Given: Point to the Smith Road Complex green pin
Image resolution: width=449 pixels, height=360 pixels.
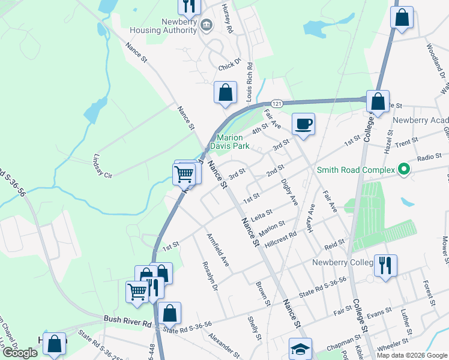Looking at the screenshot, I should point(404,170).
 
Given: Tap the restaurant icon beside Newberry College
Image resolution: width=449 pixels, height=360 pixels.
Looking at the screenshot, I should point(385,264).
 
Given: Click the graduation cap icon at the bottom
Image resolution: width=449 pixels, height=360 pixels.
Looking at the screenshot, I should point(300,349).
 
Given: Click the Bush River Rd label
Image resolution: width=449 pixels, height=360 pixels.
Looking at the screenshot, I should point(127,321).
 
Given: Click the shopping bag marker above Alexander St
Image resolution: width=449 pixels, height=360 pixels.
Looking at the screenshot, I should point(170,313).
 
